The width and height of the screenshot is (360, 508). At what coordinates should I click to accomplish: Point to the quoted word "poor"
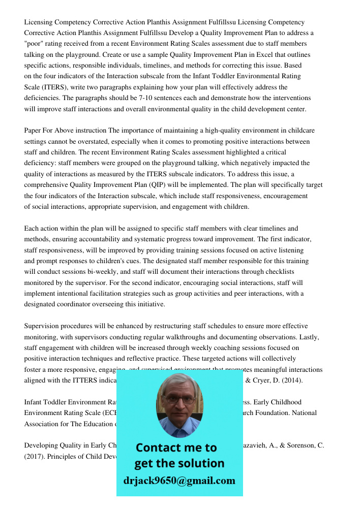point(35,44)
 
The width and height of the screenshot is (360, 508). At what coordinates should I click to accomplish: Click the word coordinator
point(76,304)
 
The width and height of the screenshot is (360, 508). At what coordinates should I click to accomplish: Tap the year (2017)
point(34,456)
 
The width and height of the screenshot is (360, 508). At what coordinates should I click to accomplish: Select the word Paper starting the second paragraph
point(33,131)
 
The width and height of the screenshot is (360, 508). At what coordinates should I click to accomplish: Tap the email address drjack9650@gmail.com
point(179,481)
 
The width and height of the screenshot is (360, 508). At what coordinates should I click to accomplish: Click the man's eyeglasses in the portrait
point(180,399)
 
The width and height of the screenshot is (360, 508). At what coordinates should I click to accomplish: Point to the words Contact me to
point(176,448)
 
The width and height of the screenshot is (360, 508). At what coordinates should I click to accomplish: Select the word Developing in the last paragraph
point(40,446)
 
